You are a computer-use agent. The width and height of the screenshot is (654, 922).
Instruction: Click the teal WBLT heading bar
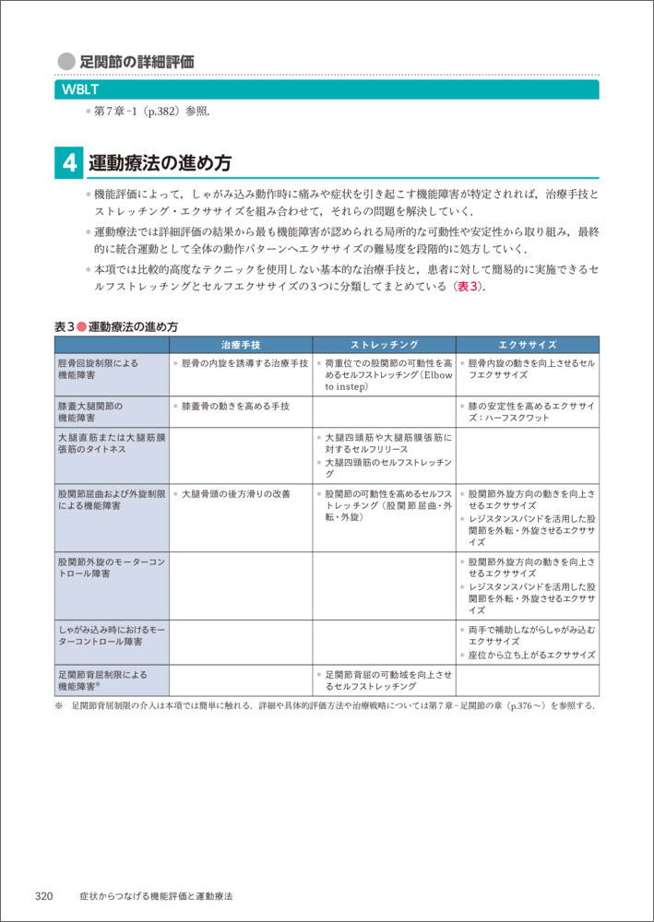tap(327, 89)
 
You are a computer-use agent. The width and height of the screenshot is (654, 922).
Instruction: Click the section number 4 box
tap(69, 163)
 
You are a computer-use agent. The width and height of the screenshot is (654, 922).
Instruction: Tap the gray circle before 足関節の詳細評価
tap(65, 62)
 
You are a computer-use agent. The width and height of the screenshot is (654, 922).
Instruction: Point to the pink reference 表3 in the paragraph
tap(464, 286)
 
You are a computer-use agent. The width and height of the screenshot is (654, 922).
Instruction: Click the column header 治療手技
tap(241, 344)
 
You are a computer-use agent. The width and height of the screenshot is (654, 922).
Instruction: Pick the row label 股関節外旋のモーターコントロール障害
tap(110, 566)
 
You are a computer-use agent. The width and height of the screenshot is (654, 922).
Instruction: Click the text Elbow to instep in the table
tap(388, 381)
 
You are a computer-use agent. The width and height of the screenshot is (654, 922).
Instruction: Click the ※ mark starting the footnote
tap(60, 705)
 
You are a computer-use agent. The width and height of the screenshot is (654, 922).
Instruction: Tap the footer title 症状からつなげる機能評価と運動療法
tap(156, 895)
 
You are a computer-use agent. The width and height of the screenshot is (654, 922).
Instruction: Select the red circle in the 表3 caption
tap(80, 326)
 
